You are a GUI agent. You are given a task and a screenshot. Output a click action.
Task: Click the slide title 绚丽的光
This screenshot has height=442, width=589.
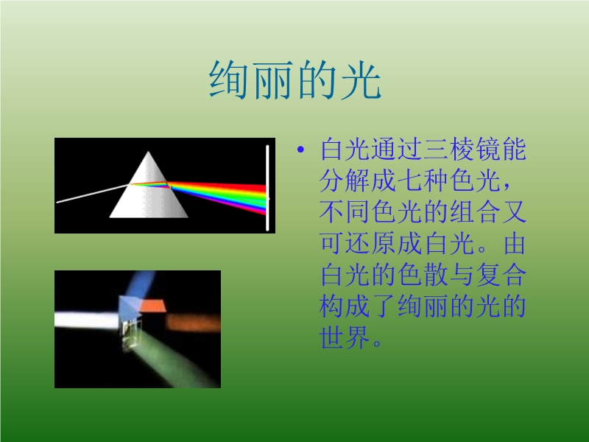[x=295, y=80]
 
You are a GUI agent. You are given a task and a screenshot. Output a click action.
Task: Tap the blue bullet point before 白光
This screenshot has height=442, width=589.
[x=300, y=150]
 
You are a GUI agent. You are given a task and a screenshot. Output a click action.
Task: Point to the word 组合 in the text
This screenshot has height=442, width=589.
[x=474, y=211]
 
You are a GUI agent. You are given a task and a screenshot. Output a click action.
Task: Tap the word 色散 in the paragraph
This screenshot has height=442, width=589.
[x=422, y=275]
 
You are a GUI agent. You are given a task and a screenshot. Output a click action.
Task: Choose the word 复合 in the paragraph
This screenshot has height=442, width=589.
[x=501, y=275]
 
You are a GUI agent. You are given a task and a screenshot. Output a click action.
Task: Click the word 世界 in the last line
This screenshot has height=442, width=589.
[x=345, y=337]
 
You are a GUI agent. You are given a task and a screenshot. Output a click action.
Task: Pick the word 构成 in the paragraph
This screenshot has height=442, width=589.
[x=345, y=306]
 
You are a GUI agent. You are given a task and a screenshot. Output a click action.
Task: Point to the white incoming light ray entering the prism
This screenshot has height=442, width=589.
[x=93, y=193]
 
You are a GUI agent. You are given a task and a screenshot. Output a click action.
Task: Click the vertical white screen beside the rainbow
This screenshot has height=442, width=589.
[x=267, y=188]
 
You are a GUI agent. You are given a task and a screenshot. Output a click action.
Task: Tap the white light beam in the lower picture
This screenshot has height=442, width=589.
[x=87, y=320]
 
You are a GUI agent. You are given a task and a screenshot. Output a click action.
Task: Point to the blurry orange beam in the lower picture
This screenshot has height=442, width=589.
[x=193, y=322]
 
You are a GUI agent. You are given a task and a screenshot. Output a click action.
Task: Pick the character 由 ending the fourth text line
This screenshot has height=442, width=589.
[x=514, y=243]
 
